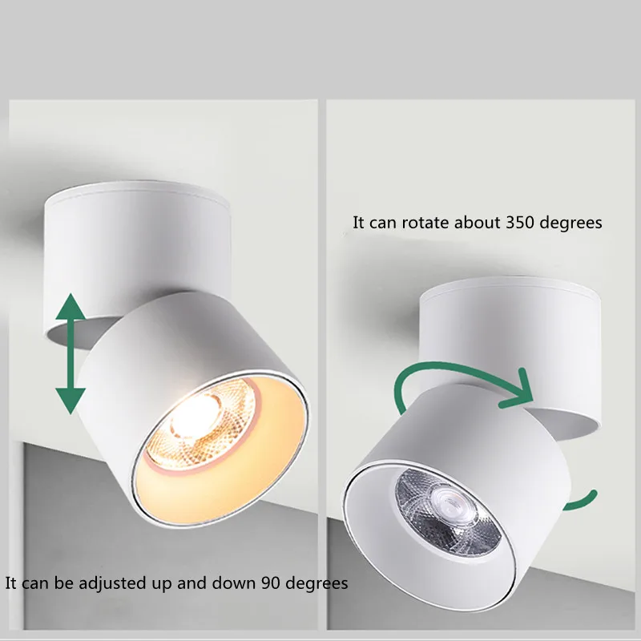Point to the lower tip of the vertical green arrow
[71, 409]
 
